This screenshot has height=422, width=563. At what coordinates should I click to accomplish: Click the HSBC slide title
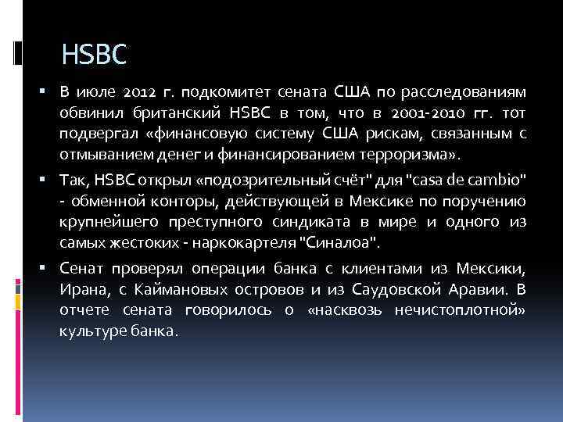93,55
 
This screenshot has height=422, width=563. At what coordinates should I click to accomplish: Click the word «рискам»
399,133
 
